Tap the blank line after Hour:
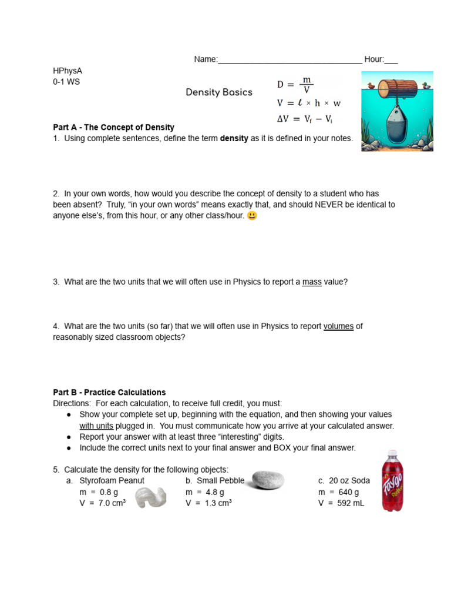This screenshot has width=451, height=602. click(391, 61)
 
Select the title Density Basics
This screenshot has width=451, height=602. click(219, 92)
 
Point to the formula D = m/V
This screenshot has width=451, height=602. click(295, 85)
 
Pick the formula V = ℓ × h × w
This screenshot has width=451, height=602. click(308, 103)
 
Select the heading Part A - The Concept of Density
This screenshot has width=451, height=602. click(113, 128)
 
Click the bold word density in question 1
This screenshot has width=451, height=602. click(234, 139)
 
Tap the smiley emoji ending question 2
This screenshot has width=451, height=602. click(252, 216)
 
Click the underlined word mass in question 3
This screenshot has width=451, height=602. click(312, 282)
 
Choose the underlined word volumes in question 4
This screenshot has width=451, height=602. click(338, 326)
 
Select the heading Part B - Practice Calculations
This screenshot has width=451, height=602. click(109, 392)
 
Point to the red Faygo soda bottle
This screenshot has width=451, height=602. click(392, 480)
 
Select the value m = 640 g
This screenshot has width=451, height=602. click(338, 492)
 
